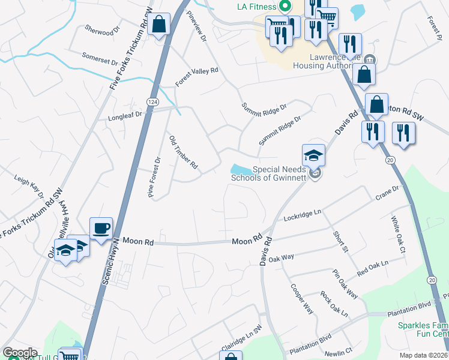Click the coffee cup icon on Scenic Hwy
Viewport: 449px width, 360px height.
tap(101, 228)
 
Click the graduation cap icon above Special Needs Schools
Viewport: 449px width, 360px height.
tap(313, 156)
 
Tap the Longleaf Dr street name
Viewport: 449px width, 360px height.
tap(125, 114)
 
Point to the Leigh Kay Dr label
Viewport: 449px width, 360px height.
tap(29, 187)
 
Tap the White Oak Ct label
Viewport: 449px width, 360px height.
tap(399, 235)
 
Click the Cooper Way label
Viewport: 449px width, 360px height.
tap(302, 298)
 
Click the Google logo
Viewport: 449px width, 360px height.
tap(20, 353)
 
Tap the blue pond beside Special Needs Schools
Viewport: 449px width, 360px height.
tap(246, 172)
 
